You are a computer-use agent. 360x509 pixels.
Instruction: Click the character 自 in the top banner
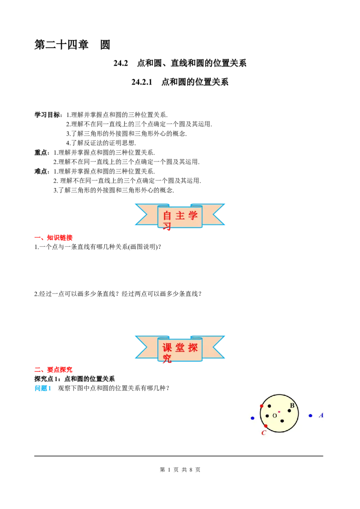coord(167,215)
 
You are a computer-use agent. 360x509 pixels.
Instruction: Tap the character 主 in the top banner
coord(180,215)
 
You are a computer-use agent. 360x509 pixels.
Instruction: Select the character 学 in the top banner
coord(193,215)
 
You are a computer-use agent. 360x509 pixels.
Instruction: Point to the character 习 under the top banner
coord(167,227)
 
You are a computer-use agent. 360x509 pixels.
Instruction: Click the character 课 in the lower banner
coord(167,348)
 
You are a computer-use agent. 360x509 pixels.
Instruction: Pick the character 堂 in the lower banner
coord(180,348)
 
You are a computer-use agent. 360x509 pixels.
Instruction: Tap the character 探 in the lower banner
coord(193,348)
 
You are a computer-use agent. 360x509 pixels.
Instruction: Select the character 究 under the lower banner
coord(167,359)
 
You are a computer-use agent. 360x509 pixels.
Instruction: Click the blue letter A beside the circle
coord(321,415)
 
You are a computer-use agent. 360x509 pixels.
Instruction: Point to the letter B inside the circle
coord(292,406)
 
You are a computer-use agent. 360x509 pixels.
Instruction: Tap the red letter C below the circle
coord(264,433)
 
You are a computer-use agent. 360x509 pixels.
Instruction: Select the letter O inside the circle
coord(274,416)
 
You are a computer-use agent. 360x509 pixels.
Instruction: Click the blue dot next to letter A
coord(310,415)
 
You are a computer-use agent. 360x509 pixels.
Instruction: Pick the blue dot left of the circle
coord(252,418)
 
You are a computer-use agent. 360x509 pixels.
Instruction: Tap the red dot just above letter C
coord(265,426)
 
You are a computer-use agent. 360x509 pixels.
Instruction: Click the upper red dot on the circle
coord(261,406)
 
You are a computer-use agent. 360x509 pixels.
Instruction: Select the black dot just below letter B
coord(289,411)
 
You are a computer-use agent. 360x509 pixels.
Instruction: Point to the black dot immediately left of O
coord(267,416)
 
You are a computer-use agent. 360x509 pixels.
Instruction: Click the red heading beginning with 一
coord(54,237)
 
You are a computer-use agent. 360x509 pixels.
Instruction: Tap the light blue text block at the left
coord(43,388)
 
